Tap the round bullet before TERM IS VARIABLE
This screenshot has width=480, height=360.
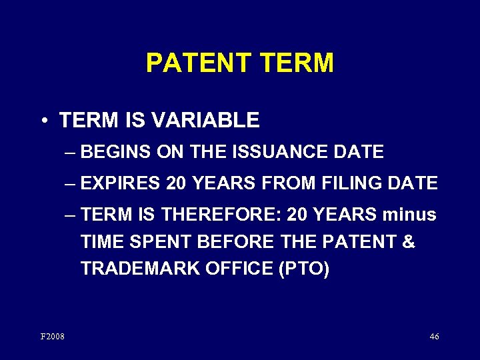click(43, 121)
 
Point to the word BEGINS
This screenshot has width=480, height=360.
click(115, 153)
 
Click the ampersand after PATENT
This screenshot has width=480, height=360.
click(408, 242)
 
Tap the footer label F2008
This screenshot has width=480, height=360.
click(53, 337)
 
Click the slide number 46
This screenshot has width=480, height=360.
click(434, 337)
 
